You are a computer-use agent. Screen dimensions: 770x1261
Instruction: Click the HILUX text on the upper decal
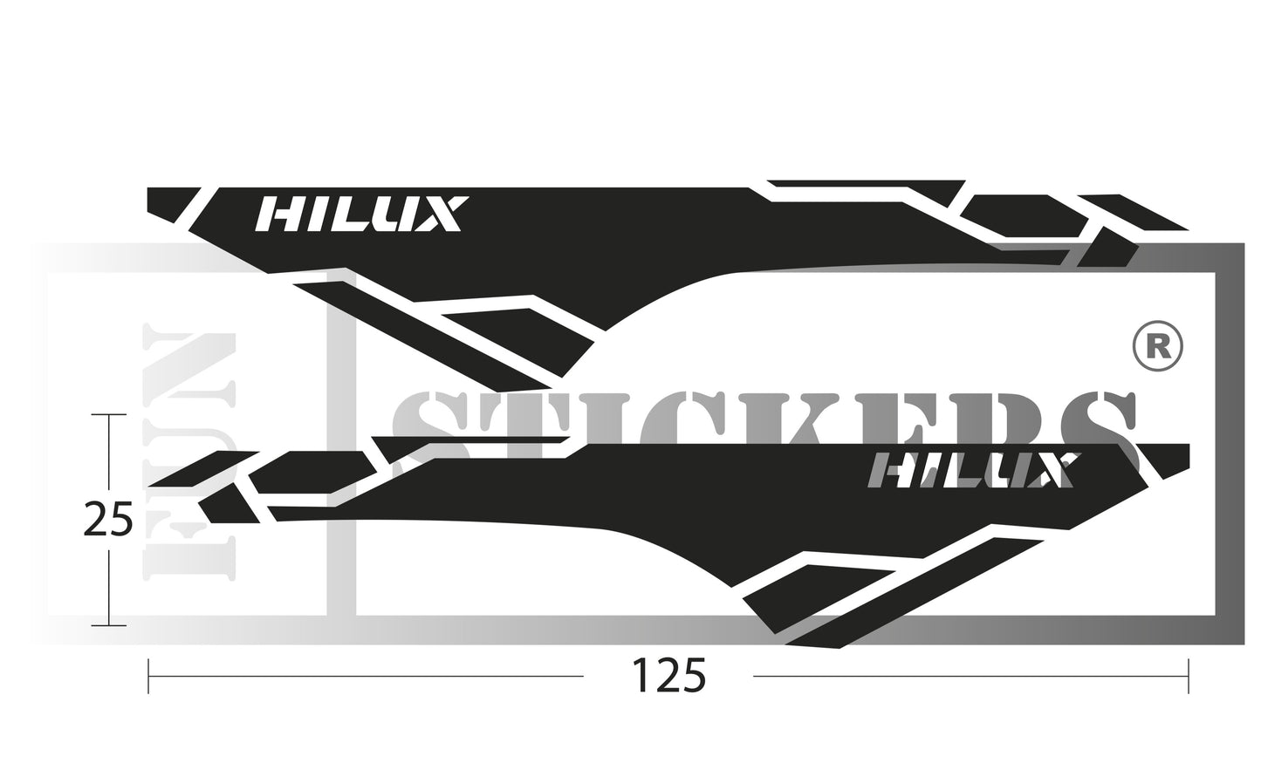[358, 215]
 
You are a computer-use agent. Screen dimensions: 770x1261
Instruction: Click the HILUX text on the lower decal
[969, 471]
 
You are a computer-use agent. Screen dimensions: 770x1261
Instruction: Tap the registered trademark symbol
[1157, 346]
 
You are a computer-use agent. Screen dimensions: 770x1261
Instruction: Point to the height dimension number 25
[107, 520]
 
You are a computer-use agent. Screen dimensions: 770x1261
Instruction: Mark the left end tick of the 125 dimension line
[149, 676]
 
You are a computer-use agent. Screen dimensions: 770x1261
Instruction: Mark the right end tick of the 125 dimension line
[1189, 676]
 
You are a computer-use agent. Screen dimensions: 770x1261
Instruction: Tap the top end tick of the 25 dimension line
[108, 415]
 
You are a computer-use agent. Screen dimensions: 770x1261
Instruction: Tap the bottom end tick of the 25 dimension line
[108, 625]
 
